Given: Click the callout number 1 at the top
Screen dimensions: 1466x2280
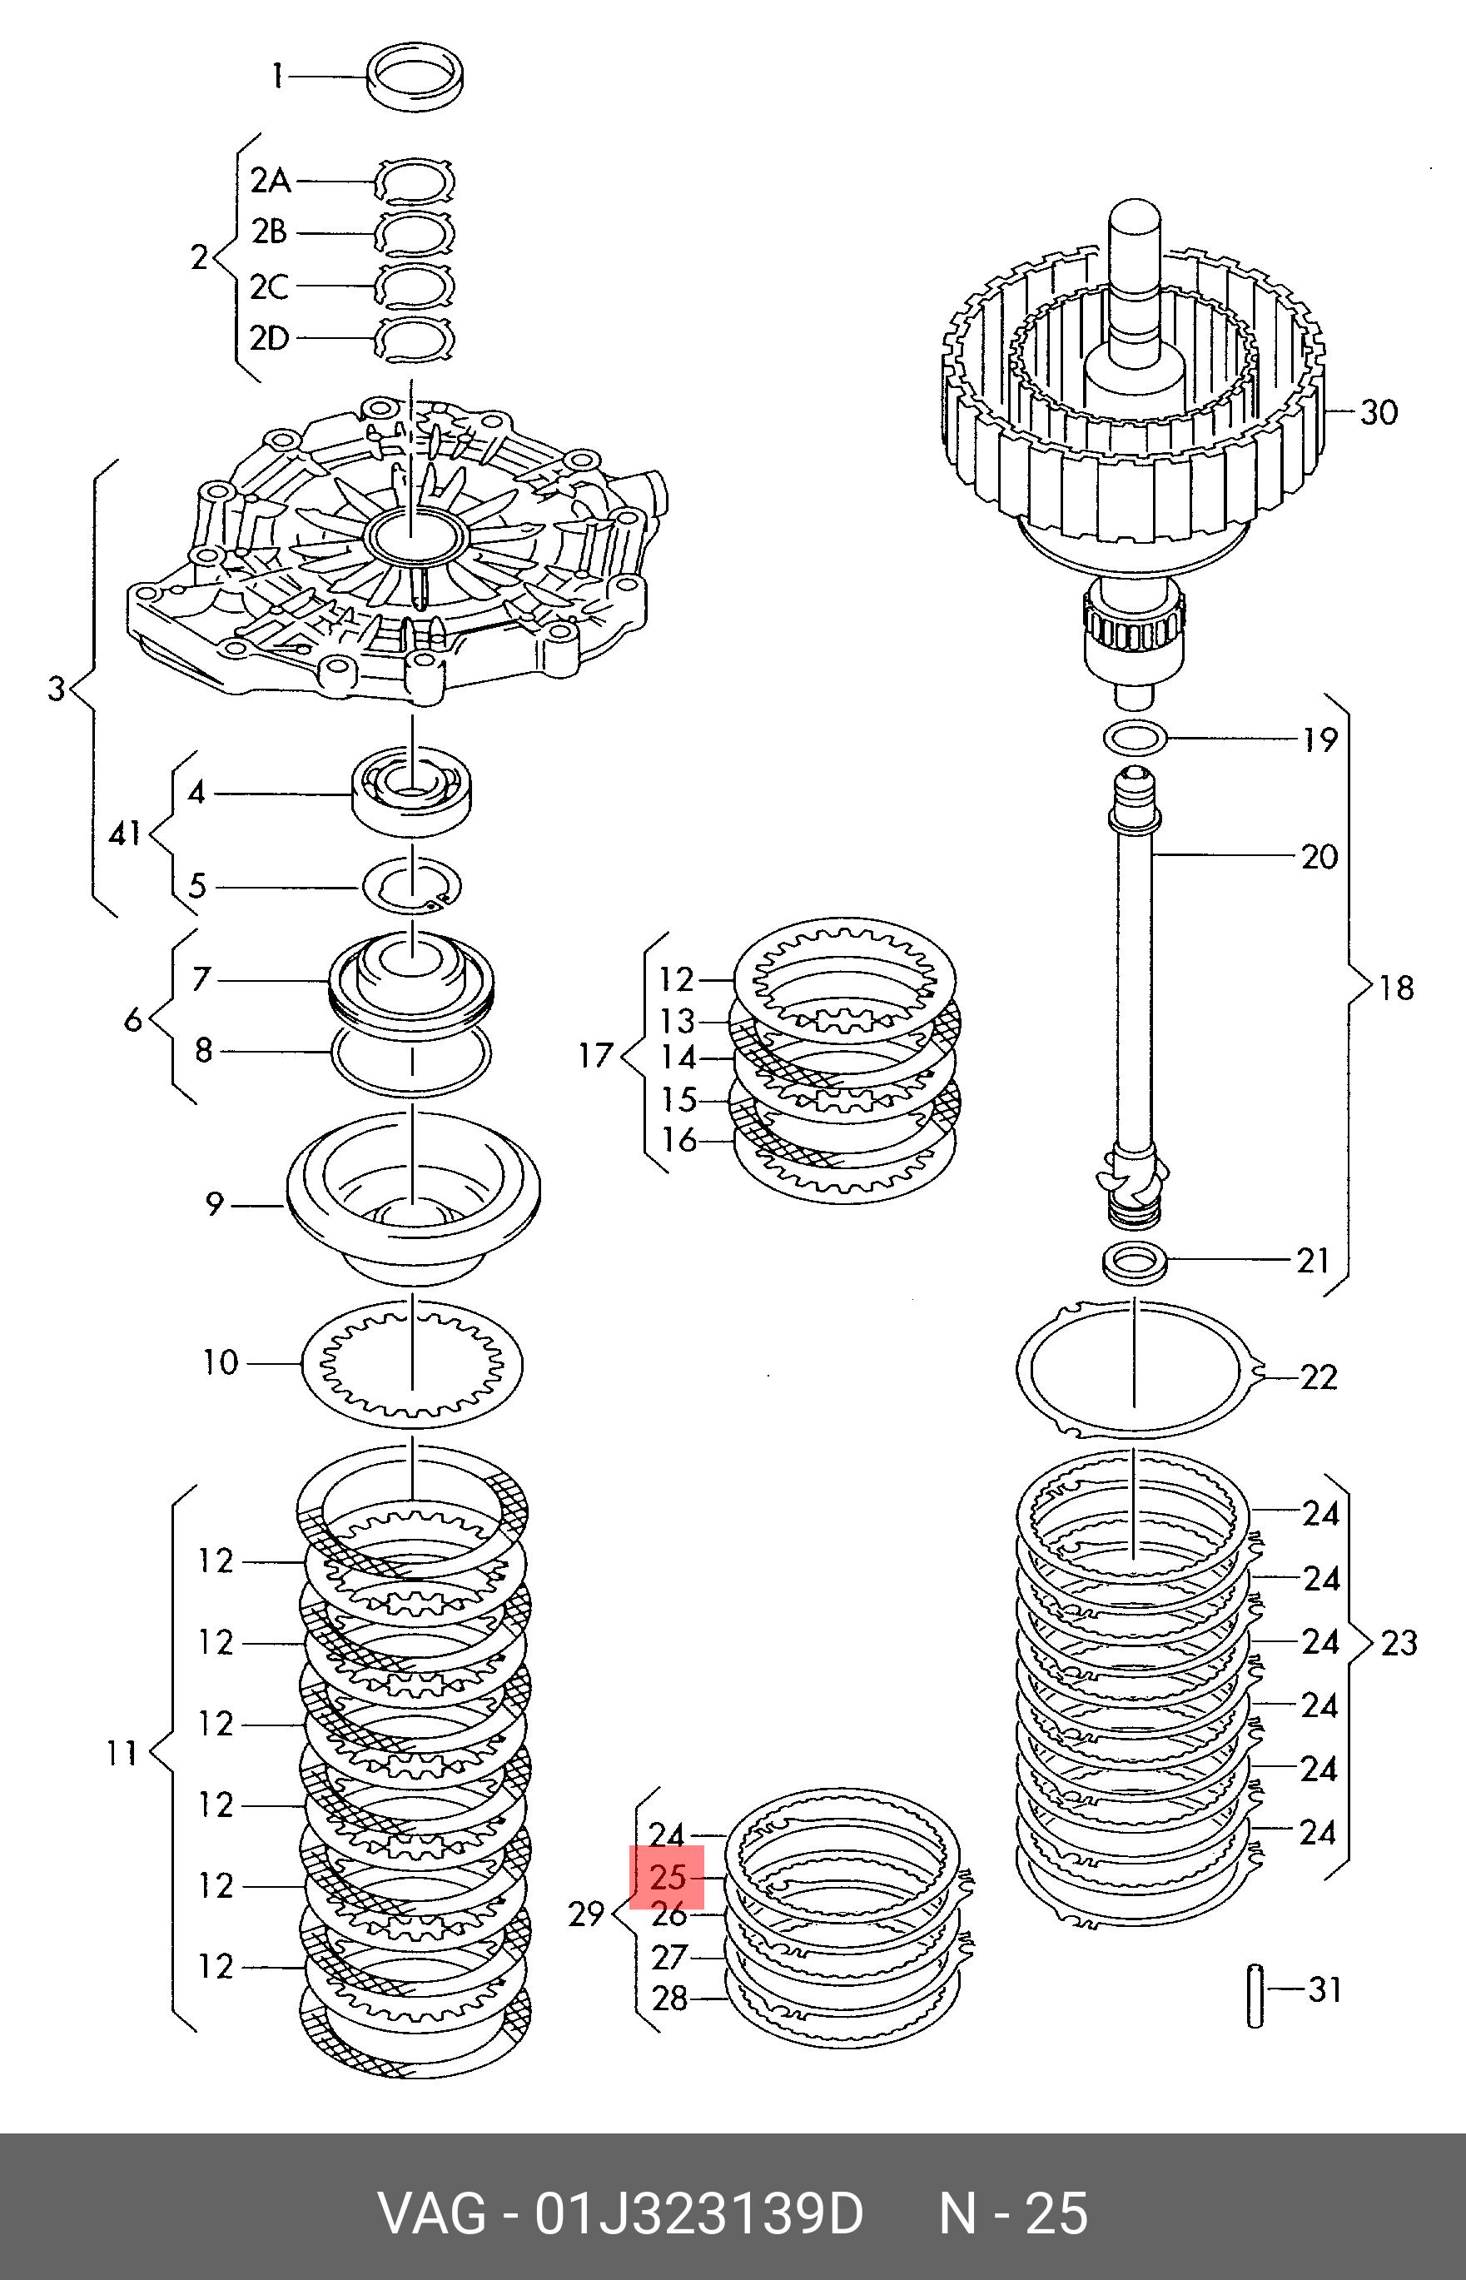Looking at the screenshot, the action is [277, 75].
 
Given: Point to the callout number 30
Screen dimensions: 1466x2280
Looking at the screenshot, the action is [1379, 412].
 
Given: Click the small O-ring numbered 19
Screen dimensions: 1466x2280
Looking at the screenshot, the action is [1135, 736].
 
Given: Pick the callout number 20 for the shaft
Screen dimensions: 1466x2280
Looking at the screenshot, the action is [1319, 857].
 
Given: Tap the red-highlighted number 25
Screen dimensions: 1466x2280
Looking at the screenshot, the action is [668, 1876].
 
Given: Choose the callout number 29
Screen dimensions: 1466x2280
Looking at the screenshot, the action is [586, 1914].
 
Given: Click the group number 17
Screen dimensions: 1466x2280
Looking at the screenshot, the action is [597, 1056].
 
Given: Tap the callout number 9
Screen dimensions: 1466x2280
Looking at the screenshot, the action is [214, 1204].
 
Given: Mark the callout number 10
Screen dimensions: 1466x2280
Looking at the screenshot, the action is [220, 1362].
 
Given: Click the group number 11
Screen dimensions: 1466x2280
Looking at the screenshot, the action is [122, 1753].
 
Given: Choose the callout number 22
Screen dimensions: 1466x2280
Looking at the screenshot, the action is [1319, 1376].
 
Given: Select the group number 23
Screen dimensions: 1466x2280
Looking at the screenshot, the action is [1399, 1643].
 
